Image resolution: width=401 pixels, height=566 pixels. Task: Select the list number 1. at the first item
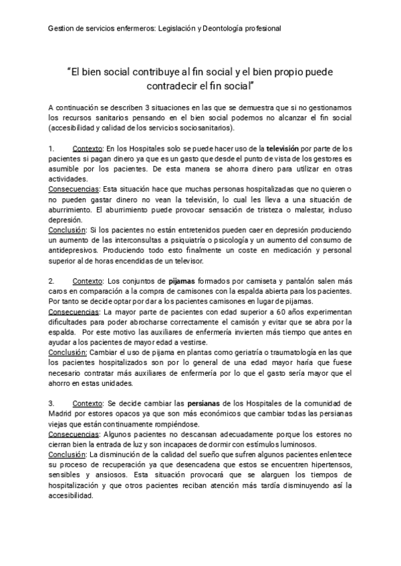[52, 148]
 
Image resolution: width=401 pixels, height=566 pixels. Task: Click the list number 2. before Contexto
[52, 282]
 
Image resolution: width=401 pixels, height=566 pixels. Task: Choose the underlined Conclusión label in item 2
[68, 352]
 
